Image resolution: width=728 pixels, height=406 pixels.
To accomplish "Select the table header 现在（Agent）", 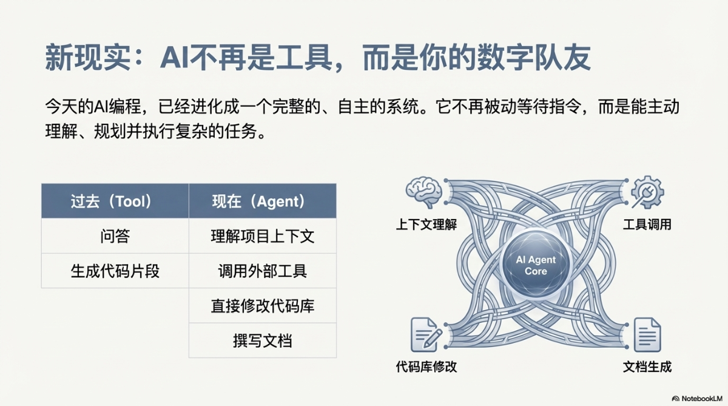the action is (x=263, y=201).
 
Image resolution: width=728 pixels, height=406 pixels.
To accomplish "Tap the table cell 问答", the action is (x=115, y=236).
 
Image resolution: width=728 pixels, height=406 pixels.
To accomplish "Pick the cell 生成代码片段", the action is (x=115, y=271).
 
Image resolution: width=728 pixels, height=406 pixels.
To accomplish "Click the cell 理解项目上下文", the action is (x=263, y=236).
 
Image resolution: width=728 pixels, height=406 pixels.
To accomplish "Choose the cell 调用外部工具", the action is (x=263, y=271).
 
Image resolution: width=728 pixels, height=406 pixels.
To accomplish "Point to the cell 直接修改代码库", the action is (x=263, y=305).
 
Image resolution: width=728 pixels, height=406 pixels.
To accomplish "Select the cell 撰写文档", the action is (x=263, y=340).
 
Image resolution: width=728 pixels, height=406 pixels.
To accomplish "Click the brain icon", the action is (x=424, y=192).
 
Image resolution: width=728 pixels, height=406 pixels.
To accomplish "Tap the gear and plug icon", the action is (x=647, y=192).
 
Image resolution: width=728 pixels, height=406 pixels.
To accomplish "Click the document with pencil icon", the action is (x=426, y=335).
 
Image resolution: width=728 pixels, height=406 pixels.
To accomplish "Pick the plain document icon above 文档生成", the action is (x=647, y=335).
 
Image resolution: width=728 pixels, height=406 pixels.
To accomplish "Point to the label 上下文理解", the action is (x=426, y=225).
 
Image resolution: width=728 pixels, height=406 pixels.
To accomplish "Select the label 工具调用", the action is (x=647, y=225).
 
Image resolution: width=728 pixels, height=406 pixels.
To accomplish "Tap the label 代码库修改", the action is (x=426, y=367).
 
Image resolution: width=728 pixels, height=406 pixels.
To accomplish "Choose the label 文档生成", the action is (x=647, y=367).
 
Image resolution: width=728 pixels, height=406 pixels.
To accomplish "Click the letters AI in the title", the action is (x=175, y=58).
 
